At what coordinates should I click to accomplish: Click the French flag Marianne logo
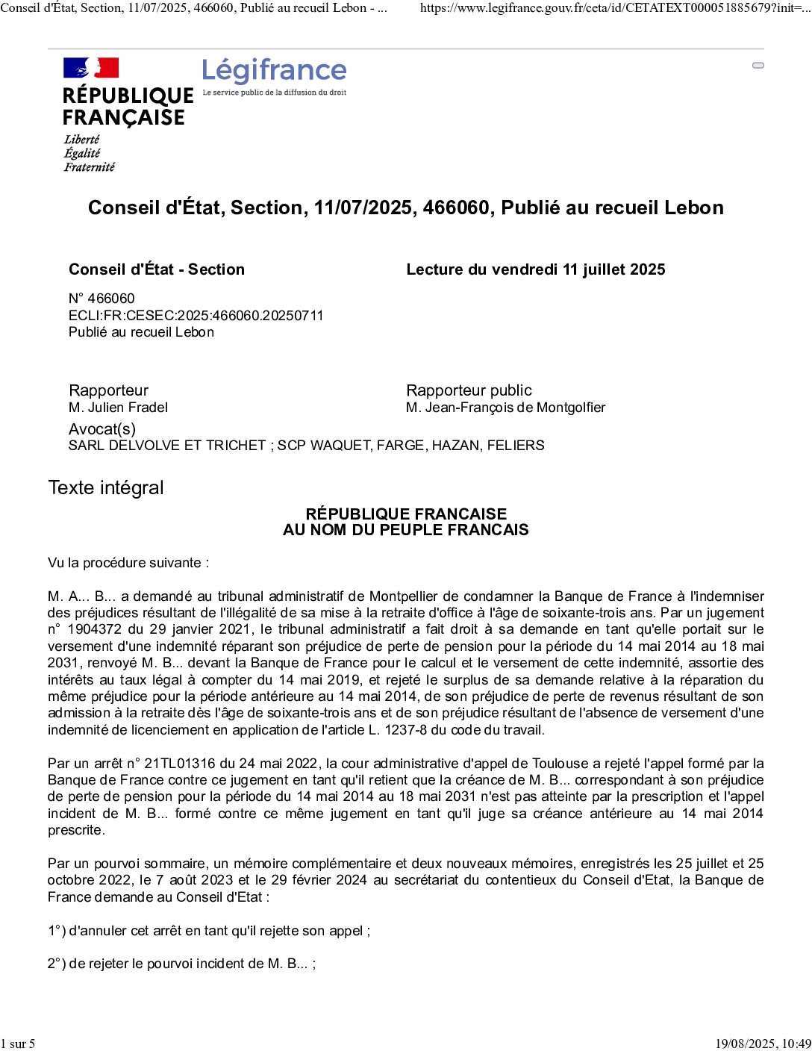tap(91, 68)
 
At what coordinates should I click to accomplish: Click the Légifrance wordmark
tap(274, 71)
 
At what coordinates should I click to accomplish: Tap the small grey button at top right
tap(758, 66)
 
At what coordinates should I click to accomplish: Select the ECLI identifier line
tap(196, 315)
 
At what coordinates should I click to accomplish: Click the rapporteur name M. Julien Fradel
tap(118, 408)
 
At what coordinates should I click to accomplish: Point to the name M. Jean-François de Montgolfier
tap(505, 408)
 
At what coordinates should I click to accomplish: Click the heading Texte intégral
tap(106, 487)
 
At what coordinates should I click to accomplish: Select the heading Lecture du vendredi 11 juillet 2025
tap(535, 269)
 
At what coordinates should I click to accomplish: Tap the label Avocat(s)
tap(102, 428)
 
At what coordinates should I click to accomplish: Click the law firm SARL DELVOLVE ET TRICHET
tap(167, 446)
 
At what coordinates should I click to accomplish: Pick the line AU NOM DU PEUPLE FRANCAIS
tap(405, 530)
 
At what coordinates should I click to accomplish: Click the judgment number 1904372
tap(93, 629)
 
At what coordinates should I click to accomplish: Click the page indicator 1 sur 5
tap(18, 1044)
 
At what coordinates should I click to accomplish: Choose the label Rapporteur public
tap(469, 390)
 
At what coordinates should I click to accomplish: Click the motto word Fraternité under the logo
tap(90, 167)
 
